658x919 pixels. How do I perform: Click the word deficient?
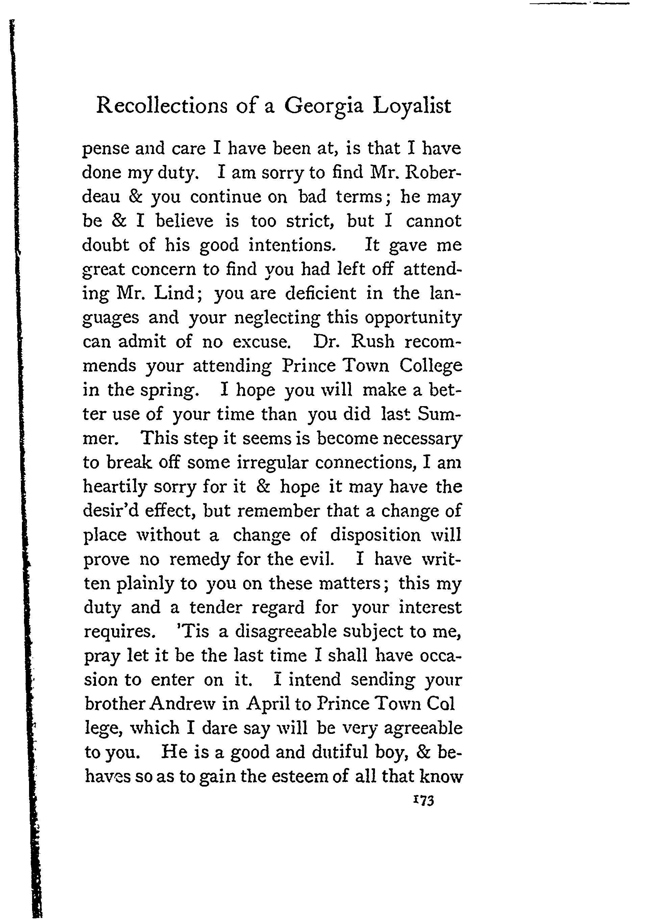[x=321, y=293]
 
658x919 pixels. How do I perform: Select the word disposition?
[x=376, y=535]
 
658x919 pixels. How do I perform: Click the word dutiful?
[x=339, y=752]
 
